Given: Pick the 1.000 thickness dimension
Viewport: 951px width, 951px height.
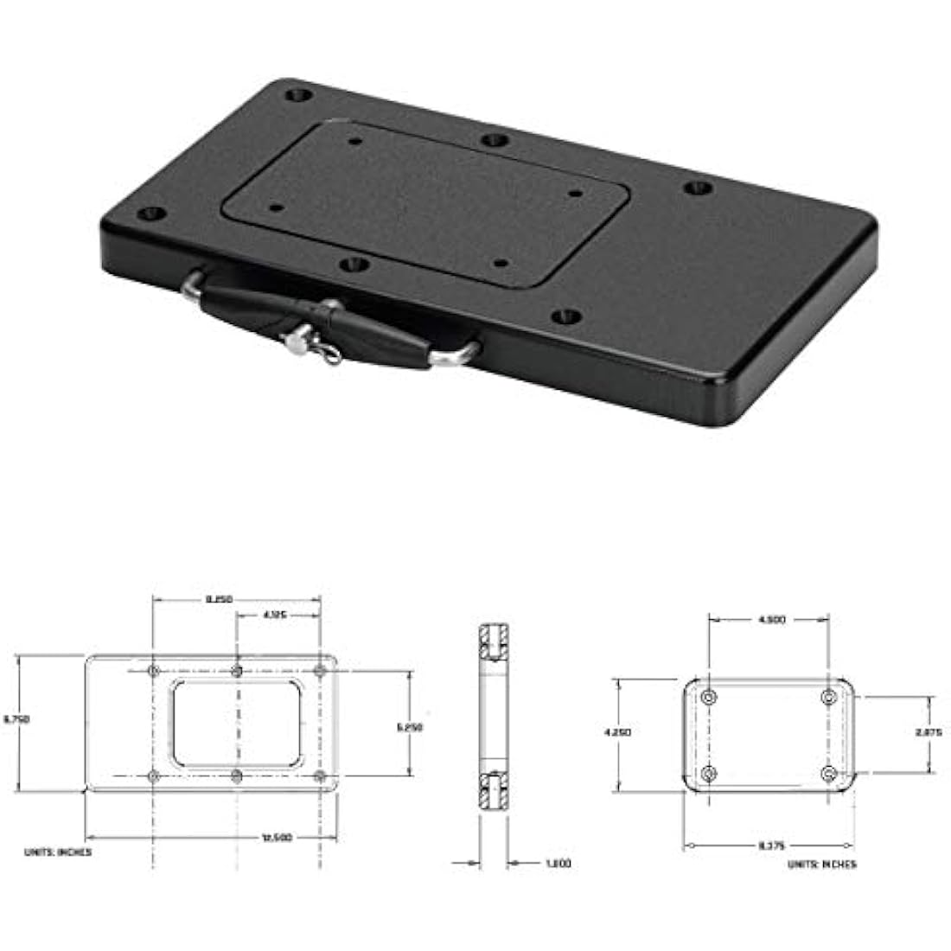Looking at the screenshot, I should point(558,863).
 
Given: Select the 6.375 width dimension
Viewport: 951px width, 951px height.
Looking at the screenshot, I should point(771,846).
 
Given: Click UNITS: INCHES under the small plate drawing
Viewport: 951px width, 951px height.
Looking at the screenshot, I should point(822,864).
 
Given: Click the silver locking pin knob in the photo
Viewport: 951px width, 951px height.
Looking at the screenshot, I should point(297,343).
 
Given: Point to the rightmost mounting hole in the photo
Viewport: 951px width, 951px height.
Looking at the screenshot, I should point(698,188).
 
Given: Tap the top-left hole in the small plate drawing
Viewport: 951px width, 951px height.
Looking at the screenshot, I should point(710,697).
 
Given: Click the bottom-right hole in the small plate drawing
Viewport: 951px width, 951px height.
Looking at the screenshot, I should point(830,772).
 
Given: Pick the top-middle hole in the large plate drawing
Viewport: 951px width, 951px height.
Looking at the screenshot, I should point(237,671).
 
